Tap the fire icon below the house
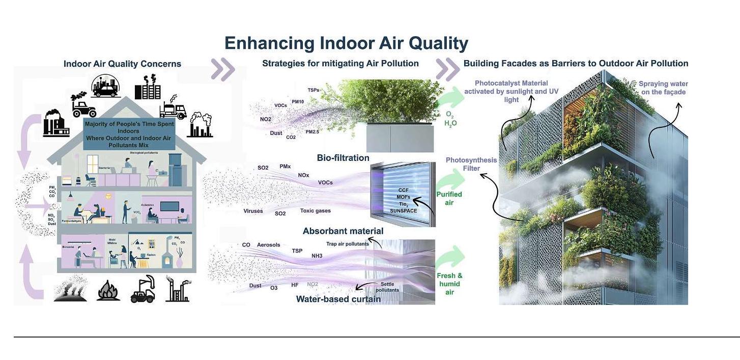[x=108, y=290]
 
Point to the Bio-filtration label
[x=343, y=158]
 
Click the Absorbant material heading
[x=343, y=231]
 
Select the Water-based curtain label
[x=338, y=299]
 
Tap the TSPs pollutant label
[x=314, y=90]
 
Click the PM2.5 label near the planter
[x=313, y=132]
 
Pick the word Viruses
[x=253, y=211]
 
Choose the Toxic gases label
[x=316, y=211]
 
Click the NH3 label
[x=317, y=255]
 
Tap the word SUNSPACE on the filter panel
[x=404, y=210]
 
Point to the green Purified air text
[x=449, y=199]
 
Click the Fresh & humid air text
[x=449, y=284]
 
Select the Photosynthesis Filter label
[x=471, y=164]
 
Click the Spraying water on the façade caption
[x=662, y=88]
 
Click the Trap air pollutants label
[x=348, y=244]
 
